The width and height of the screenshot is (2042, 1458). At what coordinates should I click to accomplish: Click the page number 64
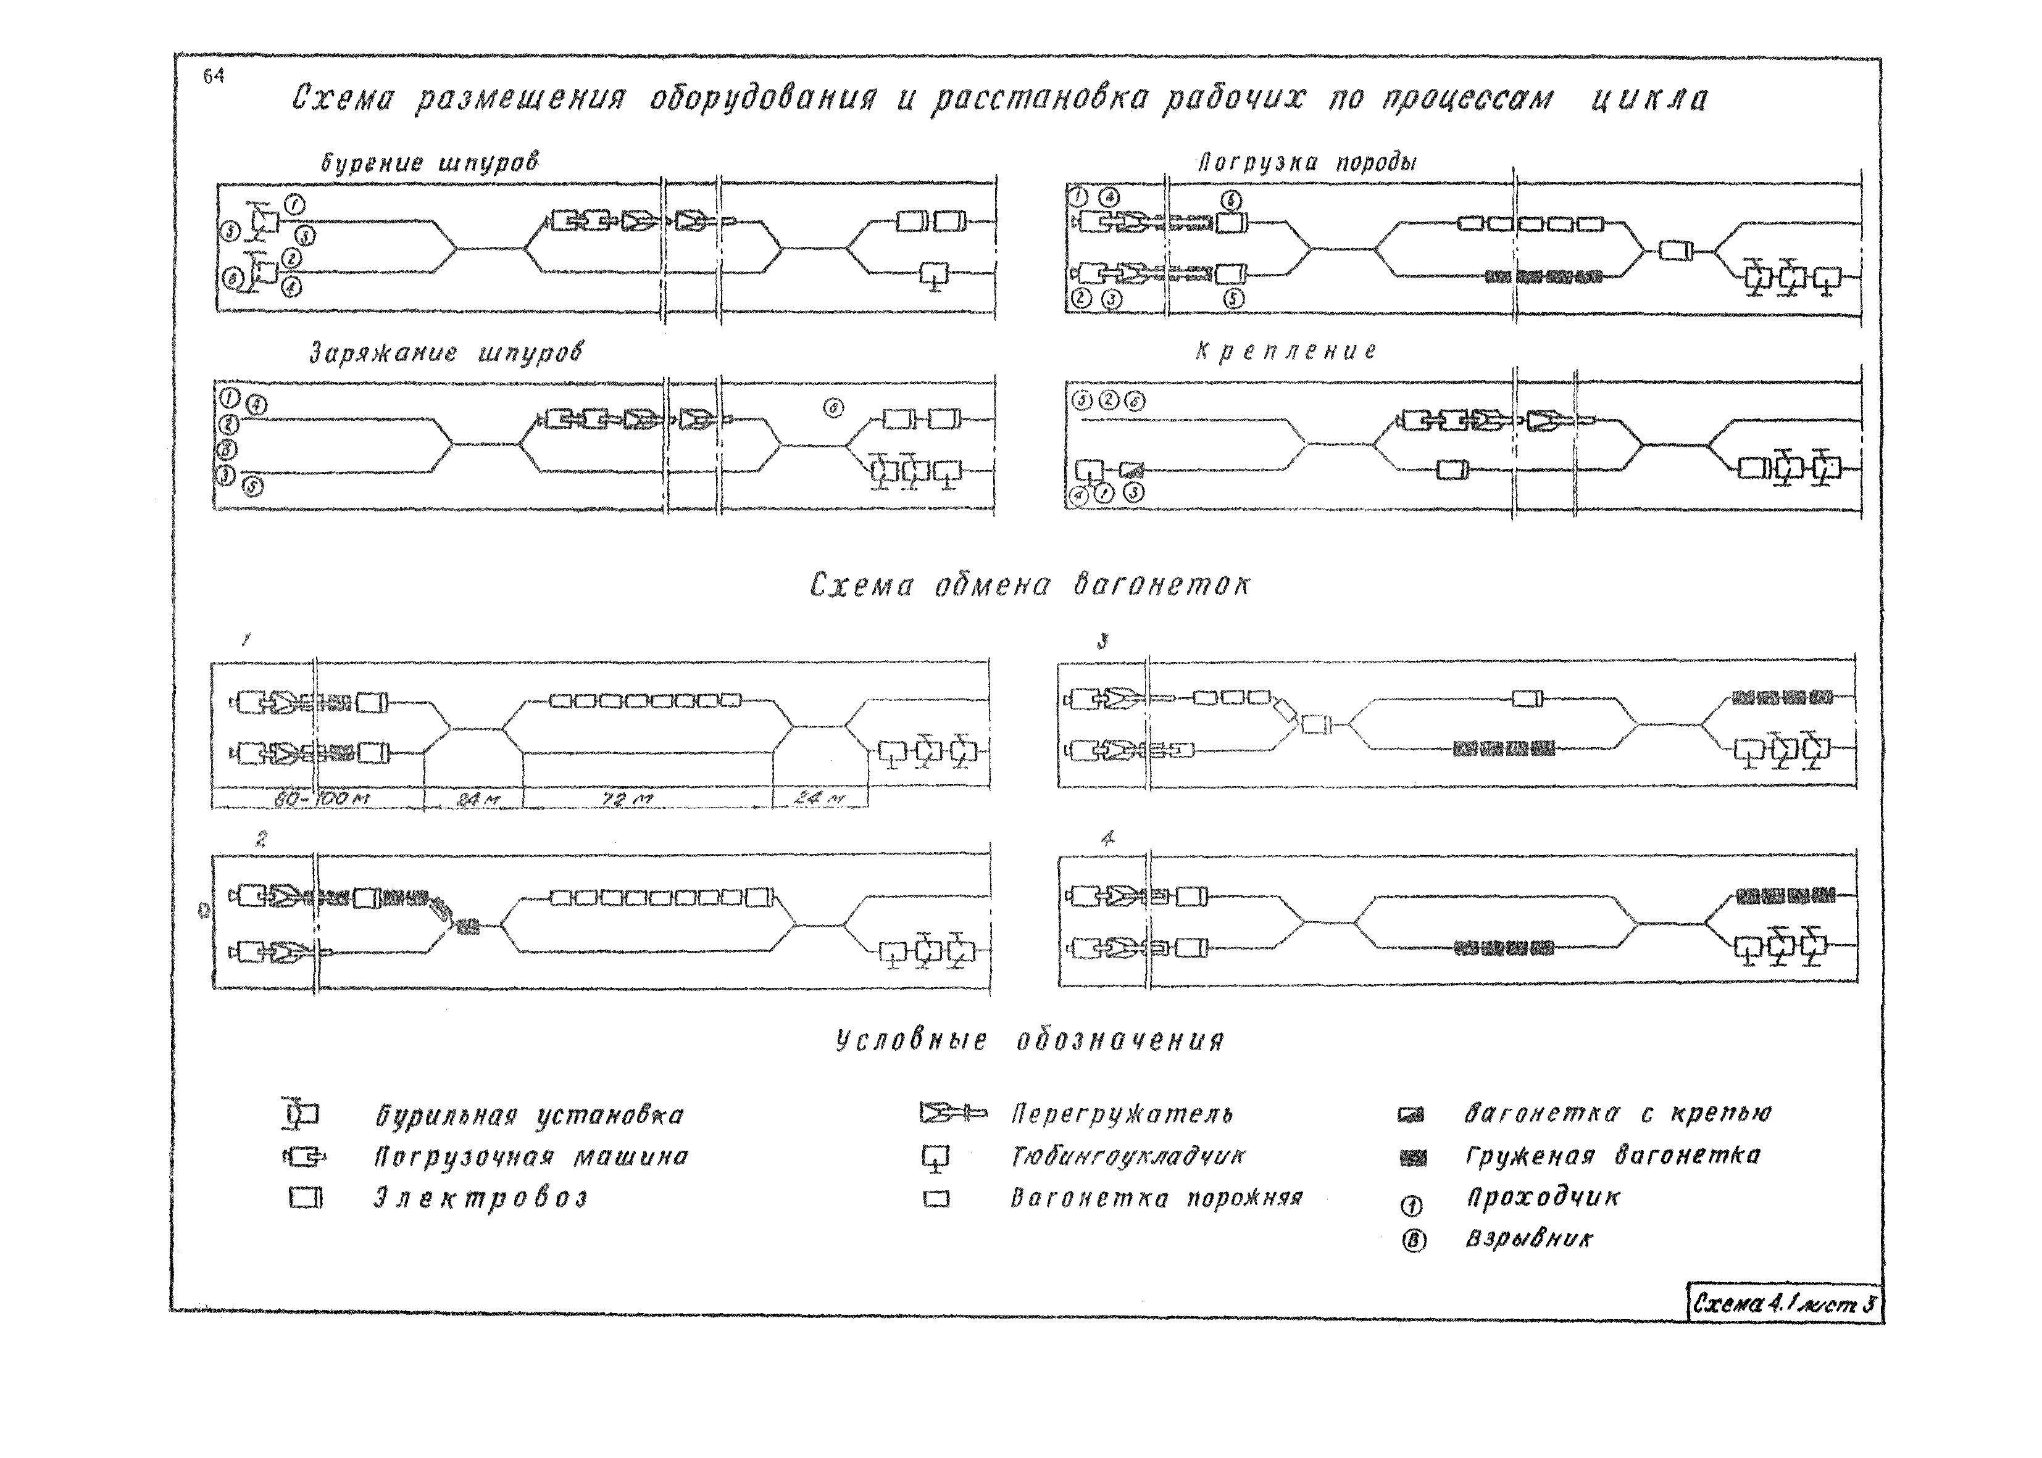point(213,77)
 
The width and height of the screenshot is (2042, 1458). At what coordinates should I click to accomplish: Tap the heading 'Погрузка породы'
point(1307,162)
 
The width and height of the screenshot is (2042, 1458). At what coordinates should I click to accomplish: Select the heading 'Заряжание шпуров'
point(446,353)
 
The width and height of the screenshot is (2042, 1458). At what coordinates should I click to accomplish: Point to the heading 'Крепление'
point(1286,351)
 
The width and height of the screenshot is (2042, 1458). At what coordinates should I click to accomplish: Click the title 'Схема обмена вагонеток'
point(1029,586)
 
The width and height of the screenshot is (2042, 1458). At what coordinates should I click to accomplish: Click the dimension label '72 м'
point(628,798)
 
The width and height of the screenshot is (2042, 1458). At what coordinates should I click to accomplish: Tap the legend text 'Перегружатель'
point(1122,1115)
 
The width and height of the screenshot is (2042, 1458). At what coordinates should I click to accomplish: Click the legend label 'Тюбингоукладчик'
point(1128,1156)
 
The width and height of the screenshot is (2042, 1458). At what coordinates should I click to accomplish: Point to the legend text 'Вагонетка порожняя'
point(1156,1198)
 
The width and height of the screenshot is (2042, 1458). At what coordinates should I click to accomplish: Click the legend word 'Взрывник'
point(1529,1239)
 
